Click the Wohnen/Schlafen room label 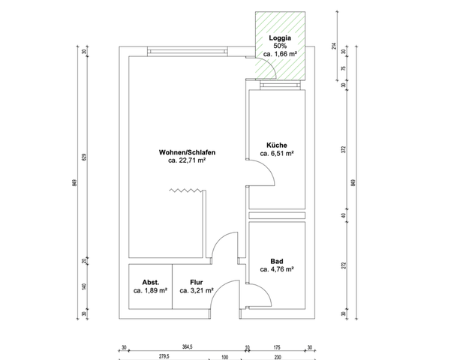pos(188,152)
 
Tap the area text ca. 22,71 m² pos(188,160)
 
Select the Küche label pos(276,145)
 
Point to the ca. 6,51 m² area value pos(276,153)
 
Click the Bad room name pos(276,260)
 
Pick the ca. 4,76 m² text pos(276,268)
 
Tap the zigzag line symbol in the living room pos(184,193)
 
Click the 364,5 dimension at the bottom pos(187,346)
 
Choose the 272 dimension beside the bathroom pos(343,265)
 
